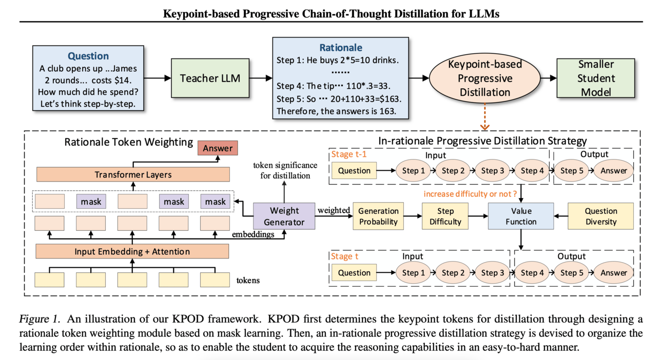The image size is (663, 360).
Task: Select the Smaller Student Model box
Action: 596,78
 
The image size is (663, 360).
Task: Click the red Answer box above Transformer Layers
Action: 218,148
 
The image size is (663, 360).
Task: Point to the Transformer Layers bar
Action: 132,175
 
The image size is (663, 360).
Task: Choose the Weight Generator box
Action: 284,216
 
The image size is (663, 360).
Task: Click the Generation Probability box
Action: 378,216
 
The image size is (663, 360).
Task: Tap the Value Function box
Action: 521,216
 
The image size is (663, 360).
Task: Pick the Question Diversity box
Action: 601,216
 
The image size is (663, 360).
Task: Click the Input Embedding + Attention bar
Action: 132,251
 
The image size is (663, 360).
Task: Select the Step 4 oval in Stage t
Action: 532,273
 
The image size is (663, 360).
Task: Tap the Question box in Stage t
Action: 354,273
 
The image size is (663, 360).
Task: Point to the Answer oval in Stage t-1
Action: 614,171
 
